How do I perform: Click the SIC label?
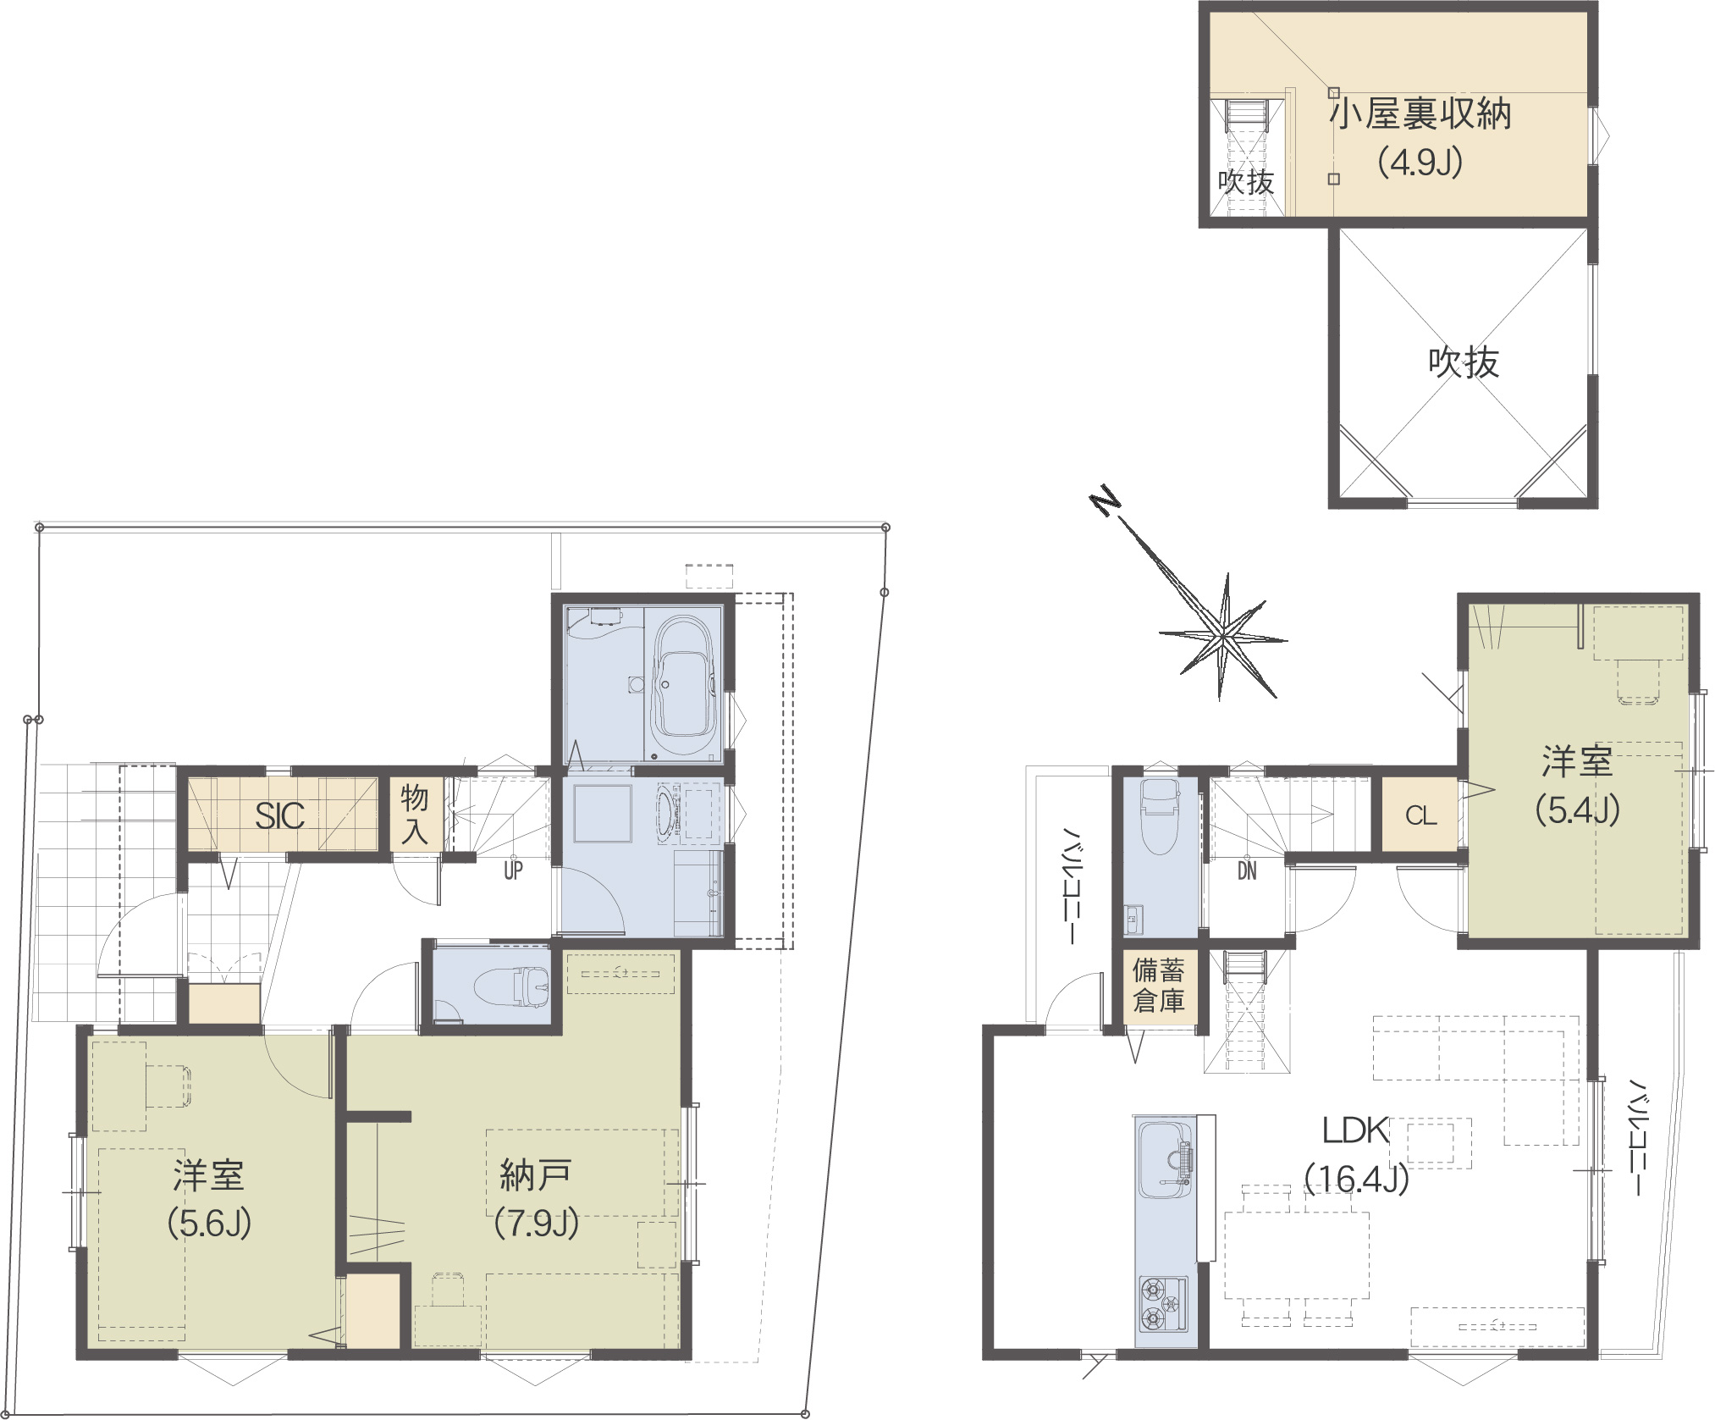tap(279, 816)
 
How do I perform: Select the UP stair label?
tap(513, 870)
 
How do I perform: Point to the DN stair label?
tap(1247, 870)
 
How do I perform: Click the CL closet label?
tap(1421, 815)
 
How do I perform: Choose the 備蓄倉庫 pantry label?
tap(1159, 986)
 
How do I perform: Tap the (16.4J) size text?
tap(1356, 1178)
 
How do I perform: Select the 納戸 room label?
tap(536, 1174)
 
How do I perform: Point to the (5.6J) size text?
tap(209, 1223)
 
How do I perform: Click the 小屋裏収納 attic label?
tap(1420, 113)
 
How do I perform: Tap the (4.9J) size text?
tap(1420, 161)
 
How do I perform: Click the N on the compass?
tap(1103, 503)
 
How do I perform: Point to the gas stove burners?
tap(1161, 1303)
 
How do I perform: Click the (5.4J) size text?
tap(1578, 810)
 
